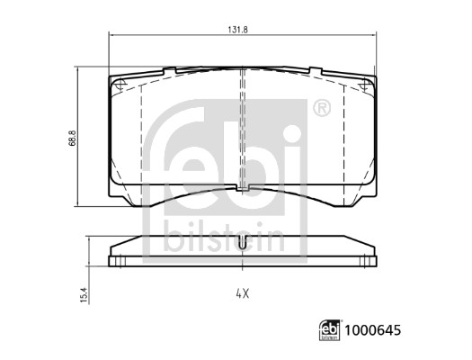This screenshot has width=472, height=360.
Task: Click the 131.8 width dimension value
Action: pyautogui.click(x=237, y=30)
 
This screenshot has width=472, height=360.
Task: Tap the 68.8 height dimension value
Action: pyautogui.click(x=73, y=139)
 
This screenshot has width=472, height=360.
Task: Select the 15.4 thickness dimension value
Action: pyautogui.click(x=85, y=295)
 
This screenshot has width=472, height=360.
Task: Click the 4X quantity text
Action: pyautogui.click(x=243, y=293)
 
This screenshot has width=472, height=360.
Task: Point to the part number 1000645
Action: pyautogui.click(x=373, y=330)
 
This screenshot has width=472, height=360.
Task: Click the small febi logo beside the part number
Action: pyautogui.click(x=330, y=330)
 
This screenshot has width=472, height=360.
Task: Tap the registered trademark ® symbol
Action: pyautogui.click(x=322, y=108)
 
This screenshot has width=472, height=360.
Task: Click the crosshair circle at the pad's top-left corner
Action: pyautogui.click(x=120, y=85)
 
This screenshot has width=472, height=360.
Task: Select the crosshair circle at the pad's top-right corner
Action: pyautogui.click(x=366, y=85)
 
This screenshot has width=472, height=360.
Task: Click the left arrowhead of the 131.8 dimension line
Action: pyautogui.click(x=111, y=35)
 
